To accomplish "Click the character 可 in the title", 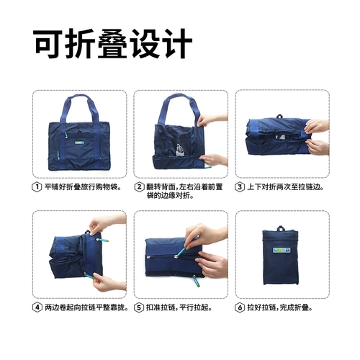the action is [49, 44].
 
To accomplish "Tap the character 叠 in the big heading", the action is [112, 44].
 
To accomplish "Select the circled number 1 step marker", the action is [37, 187].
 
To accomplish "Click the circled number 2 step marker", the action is [139, 187].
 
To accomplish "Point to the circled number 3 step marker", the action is [240, 187].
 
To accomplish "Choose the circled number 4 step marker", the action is [37, 307].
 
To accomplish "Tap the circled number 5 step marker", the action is [138, 307].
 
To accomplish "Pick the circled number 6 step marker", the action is [240, 307].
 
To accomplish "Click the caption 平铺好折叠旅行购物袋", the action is [83, 187].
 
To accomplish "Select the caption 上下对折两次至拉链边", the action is [285, 187].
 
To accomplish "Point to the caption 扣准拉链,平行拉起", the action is [179, 307].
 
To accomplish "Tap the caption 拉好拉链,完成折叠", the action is [280, 307].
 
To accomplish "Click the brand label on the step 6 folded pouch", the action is [282, 250].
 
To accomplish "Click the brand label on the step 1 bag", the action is [78, 143].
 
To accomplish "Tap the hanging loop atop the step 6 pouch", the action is [281, 228].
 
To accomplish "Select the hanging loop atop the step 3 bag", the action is [279, 116].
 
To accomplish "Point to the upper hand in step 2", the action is [212, 120].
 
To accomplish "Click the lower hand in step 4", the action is [109, 282].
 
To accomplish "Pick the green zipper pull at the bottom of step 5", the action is [196, 282].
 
